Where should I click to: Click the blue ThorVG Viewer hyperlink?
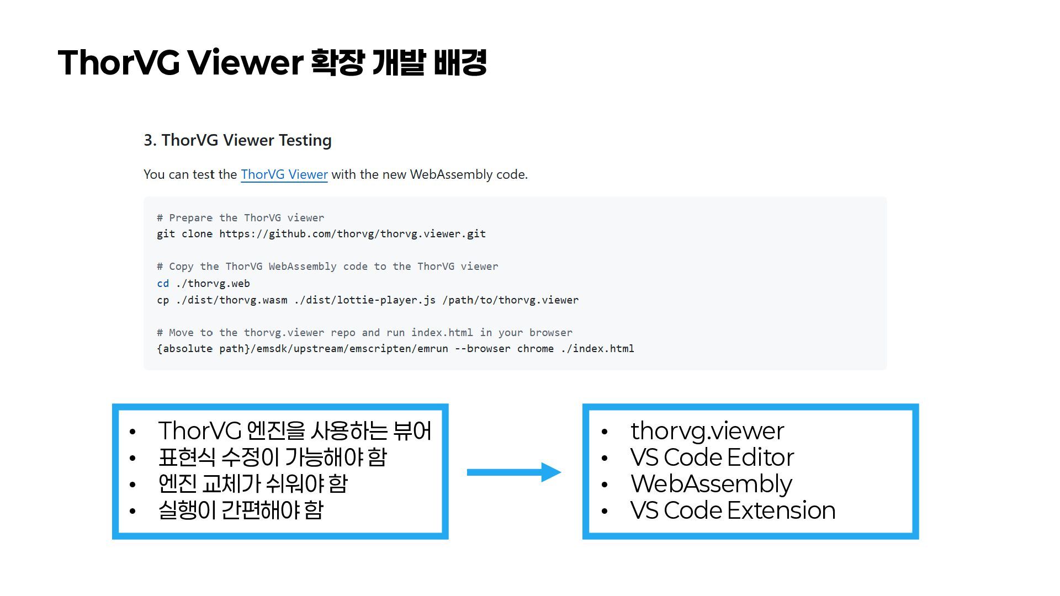click(x=284, y=174)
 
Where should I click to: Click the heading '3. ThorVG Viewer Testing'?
click(x=237, y=140)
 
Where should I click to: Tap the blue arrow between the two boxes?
click(x=513, y=472)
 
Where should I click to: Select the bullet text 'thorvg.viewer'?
click(x=707, y=431)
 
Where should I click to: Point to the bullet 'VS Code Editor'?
click(x=712, y=457)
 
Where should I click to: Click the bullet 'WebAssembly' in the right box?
click(x=711, y=484)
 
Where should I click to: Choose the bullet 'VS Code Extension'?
click(x=733, y=510)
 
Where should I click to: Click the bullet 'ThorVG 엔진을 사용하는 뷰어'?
click(x=295, y=431)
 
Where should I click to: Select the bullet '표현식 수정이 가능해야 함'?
click(x=273, y=457)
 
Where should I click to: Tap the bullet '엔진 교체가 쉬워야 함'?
click(x=253, y=484)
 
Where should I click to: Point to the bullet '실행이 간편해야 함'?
click(x=241, y=510)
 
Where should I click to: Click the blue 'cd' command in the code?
click(x=163, y=284)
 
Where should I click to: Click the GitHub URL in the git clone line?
click(x=352, y=234)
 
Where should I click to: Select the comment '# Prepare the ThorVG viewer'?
click(x=241, y=218)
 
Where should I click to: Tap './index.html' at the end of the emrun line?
click(x=597, y=349)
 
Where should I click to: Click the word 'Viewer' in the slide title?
click(x=245, y=62)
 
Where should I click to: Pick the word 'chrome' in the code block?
click(x=536, y=349)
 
